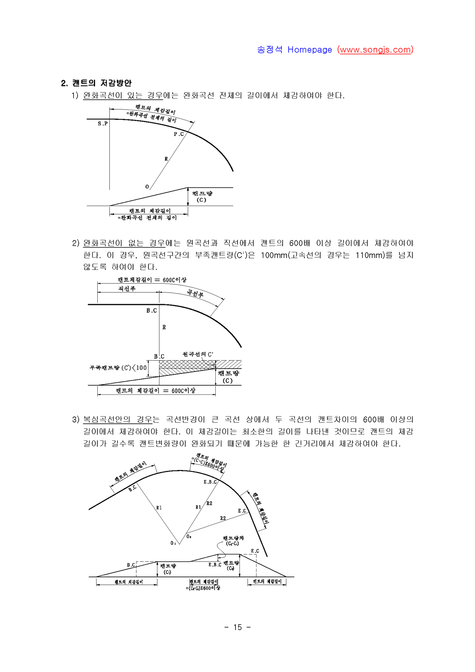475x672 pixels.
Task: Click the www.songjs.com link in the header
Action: [x=375, y=50]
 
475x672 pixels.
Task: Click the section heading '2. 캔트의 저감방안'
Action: [x=96, y=83]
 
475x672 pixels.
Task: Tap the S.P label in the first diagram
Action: [x=103, y=124]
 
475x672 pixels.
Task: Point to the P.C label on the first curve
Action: [x=179, y=134]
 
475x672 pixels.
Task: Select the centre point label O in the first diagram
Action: [x=147, y=187]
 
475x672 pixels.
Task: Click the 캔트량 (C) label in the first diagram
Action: [x=202, y=196]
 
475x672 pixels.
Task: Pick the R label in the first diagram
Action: [x=166, y=159]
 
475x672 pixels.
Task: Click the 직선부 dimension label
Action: [x=127, y=289]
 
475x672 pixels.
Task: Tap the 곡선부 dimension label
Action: [x=195, y=293]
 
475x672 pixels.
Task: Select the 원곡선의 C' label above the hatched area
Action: [x=198, y=354]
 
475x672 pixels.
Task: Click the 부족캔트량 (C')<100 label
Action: [x=118, y=368]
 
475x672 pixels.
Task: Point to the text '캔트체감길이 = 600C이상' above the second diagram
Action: [x=152, y=280]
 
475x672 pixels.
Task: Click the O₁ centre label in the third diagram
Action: [x=173, y=543]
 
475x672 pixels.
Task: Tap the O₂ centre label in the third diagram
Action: [x=189, y=537]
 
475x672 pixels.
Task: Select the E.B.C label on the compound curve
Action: [x=210, y=482]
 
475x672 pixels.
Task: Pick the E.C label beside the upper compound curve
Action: [x=242, y=511]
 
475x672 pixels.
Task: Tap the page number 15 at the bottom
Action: [x=237, y=627]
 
